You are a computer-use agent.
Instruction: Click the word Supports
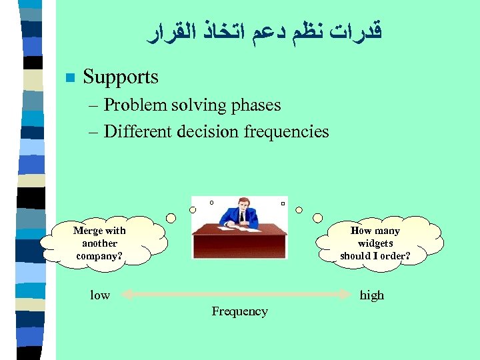pyautogui.click(x=121, y=77)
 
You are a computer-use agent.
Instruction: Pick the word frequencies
pyautogui.click(x=287, y=131)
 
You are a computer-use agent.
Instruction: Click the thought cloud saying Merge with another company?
pyautogui.click(x=102, y=243)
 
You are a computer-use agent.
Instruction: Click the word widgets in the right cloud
pyautogui.click(x=375, y=243)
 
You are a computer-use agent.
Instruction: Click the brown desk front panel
pyautogui.click(x=239, y=245)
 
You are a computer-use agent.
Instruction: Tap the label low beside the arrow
pyautogui.click(x=100, y=295)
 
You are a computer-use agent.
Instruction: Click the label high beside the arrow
pyautogui.click(x=372, y=295)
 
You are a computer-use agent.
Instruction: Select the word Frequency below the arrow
pyautogui.click(x=239, y=311)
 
